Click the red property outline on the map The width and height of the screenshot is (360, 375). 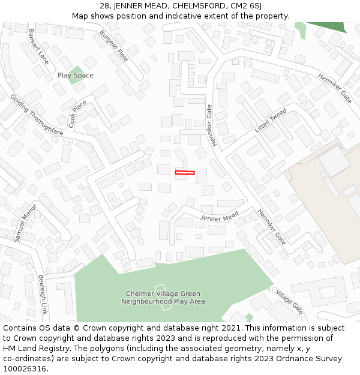[185, 173]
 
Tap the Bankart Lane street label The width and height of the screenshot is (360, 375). [38, 46]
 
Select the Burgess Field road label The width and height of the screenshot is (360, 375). [114, 46]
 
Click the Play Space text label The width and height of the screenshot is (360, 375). [76, 76]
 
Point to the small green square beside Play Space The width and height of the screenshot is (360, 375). [76, 76]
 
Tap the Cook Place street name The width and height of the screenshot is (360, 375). [78, 113]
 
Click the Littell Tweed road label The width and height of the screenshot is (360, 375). [271, 121]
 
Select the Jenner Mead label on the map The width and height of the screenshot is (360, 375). [220, 217]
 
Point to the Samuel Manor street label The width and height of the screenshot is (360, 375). [25, 223]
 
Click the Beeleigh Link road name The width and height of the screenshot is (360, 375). [43, 295]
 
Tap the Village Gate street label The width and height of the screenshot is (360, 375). [290, 301]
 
